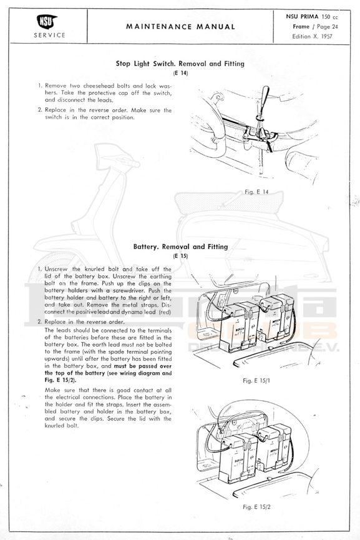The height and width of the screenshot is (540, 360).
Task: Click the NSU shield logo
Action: [x=47, y=22]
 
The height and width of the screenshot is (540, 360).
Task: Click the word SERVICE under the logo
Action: [x=49, y=35]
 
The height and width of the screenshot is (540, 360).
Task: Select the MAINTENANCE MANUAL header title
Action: [x=180, y=26]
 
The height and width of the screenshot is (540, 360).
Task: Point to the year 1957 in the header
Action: [x=326, y=36]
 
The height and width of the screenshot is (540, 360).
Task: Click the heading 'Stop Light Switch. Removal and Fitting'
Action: [x=180, y=64]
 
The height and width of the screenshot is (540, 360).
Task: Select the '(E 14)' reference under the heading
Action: [x=180, y=73]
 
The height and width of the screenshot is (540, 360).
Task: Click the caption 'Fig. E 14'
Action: [x=256, y=192]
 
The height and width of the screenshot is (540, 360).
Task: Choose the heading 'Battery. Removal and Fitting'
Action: [x=180, y=247]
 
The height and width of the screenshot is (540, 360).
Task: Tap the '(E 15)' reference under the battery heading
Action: [x=180, y=256]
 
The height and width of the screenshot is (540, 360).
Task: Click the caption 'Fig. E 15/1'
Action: [x=256, y=381]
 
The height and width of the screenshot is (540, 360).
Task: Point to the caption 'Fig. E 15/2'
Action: [x=256, y=507]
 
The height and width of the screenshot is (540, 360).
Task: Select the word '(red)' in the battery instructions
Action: [x=165, y=312]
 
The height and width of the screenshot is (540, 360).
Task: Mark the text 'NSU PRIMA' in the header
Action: [x=302, y=16]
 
